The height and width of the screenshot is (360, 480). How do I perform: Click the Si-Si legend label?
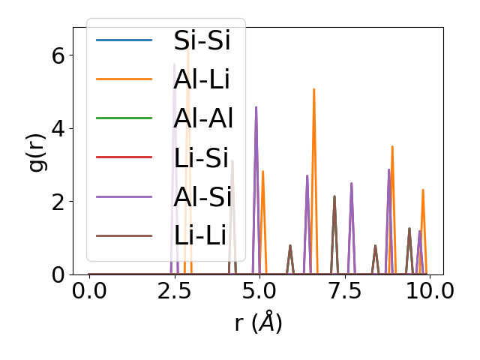tap(202, 40)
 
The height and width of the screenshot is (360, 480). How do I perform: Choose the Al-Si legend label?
tap(202, 196)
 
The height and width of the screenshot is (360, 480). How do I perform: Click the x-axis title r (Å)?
tap(258, 323)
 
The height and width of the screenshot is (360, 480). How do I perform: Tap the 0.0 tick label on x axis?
tap(89, 292)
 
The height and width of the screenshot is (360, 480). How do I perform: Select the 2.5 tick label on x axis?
tap(174, 292)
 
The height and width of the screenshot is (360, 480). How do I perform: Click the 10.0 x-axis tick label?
tap(424, 292)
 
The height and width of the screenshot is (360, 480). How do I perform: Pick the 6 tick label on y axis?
tap(58, 55)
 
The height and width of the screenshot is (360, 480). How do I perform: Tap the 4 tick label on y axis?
tap(58, 128)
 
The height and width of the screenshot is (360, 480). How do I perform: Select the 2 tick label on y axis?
tap(58, 202)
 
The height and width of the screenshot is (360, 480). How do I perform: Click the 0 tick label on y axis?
tap(58, 274)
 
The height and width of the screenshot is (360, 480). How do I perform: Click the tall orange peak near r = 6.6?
tap(313, 90)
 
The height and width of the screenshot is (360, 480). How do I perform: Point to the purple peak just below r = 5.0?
tap(256, 108)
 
